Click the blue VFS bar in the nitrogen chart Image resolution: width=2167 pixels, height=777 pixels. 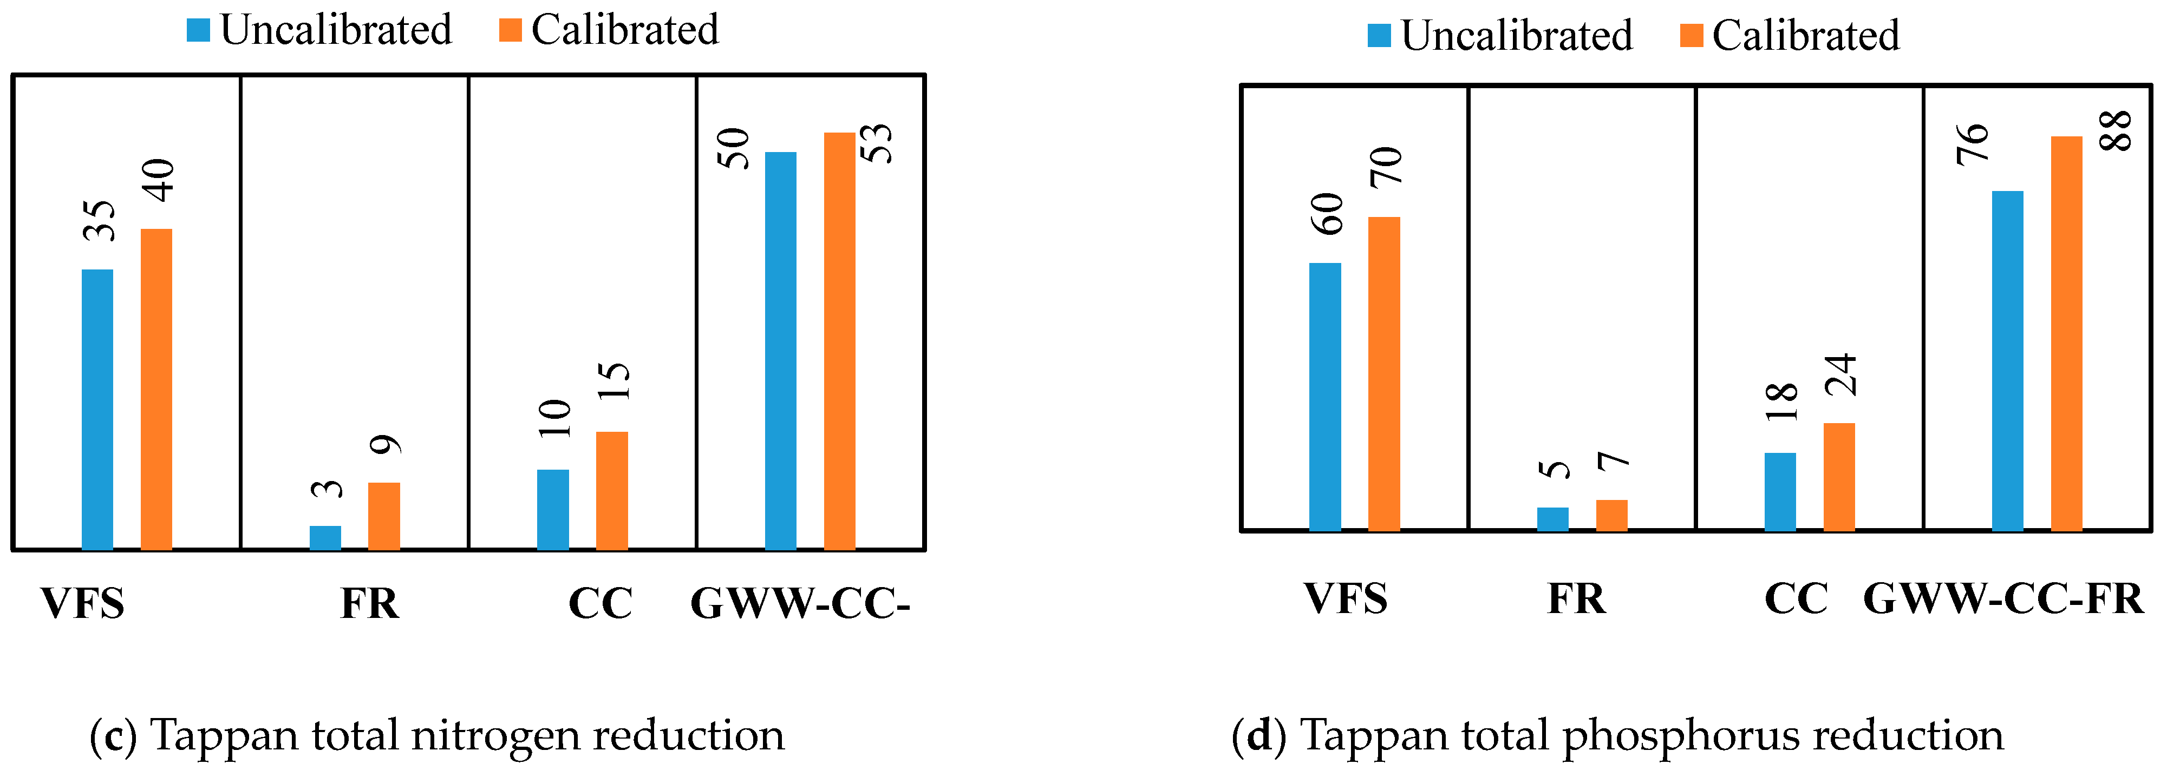[97, 410]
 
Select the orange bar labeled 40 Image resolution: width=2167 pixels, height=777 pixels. [156, 390]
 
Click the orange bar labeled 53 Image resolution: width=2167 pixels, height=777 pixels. [839, 340]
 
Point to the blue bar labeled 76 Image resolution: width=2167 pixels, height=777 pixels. [2007, 361]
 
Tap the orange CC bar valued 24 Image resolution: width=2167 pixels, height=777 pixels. [1839, 476]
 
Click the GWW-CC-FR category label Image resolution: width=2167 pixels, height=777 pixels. [2003, 600]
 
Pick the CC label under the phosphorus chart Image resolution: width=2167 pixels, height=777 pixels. [1796, 600]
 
